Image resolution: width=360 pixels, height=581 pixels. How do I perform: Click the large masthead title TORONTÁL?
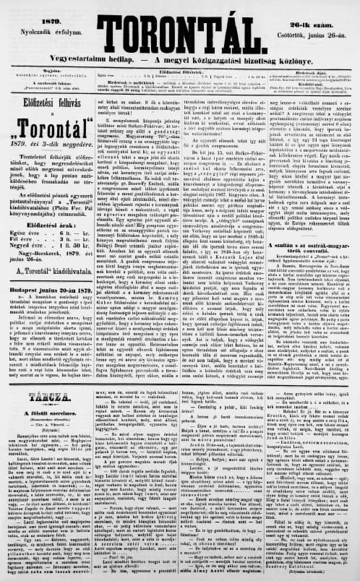click(x=181, y=22)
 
